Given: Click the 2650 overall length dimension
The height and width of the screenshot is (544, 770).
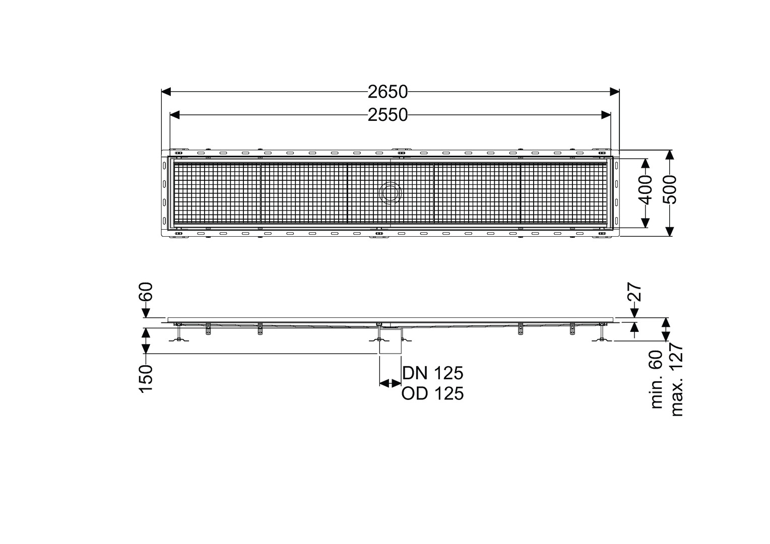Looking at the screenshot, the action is point(388,92).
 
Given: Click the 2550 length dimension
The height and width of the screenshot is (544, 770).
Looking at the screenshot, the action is point(388,115).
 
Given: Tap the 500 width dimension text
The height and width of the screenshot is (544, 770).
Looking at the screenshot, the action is point(669,190).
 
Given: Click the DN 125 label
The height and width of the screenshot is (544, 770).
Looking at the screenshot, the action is point(433,373).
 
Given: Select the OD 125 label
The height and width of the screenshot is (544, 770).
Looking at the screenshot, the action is point(433,394).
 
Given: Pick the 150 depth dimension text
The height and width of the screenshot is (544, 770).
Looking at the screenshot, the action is point(146,379).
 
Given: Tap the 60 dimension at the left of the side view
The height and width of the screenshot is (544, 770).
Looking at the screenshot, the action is point(146,292).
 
